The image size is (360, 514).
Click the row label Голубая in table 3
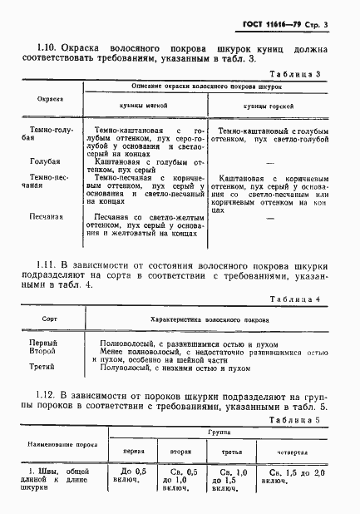(44, 163)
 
